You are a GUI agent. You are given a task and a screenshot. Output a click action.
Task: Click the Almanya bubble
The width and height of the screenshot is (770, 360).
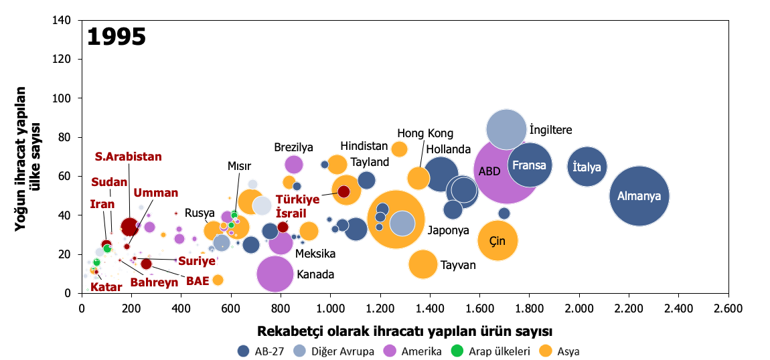(x=639, y=196)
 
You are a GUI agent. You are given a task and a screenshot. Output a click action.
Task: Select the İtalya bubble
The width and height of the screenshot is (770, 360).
(x=587, y=167)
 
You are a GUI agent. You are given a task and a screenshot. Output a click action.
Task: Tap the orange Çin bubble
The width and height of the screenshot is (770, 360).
(x=498, y=240)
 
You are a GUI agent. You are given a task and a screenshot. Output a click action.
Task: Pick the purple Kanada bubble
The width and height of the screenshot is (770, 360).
(x=275, y=274)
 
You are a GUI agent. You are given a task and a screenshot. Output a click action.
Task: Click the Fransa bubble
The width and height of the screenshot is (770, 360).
(x=530, y=165)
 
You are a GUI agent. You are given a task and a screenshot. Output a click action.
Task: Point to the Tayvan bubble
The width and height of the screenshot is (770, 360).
(x=422, y=264)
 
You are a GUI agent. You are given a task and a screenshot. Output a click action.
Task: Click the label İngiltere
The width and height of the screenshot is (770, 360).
(x=550, y=130)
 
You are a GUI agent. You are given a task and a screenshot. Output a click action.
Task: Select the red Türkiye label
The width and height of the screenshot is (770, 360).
(x=297, y=199)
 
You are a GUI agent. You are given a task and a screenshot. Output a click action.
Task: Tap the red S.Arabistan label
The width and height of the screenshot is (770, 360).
(x=128, y=157)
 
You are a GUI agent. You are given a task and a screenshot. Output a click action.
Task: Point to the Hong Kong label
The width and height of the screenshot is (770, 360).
(x=425, y=133)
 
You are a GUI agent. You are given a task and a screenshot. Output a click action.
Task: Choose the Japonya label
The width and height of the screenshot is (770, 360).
(x=448, y=230)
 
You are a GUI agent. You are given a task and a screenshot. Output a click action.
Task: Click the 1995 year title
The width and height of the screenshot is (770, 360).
(x=117, y=37)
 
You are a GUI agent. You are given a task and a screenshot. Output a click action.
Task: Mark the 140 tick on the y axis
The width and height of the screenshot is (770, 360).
(x=66, y=20)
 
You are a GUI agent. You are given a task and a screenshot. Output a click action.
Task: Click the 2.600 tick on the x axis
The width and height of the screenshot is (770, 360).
(x=728, y=308)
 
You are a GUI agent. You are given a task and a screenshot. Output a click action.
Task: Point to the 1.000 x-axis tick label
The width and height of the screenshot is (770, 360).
(x=330, y=308)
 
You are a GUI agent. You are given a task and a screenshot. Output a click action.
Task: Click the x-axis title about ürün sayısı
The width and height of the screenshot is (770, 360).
(x=404, y=331)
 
